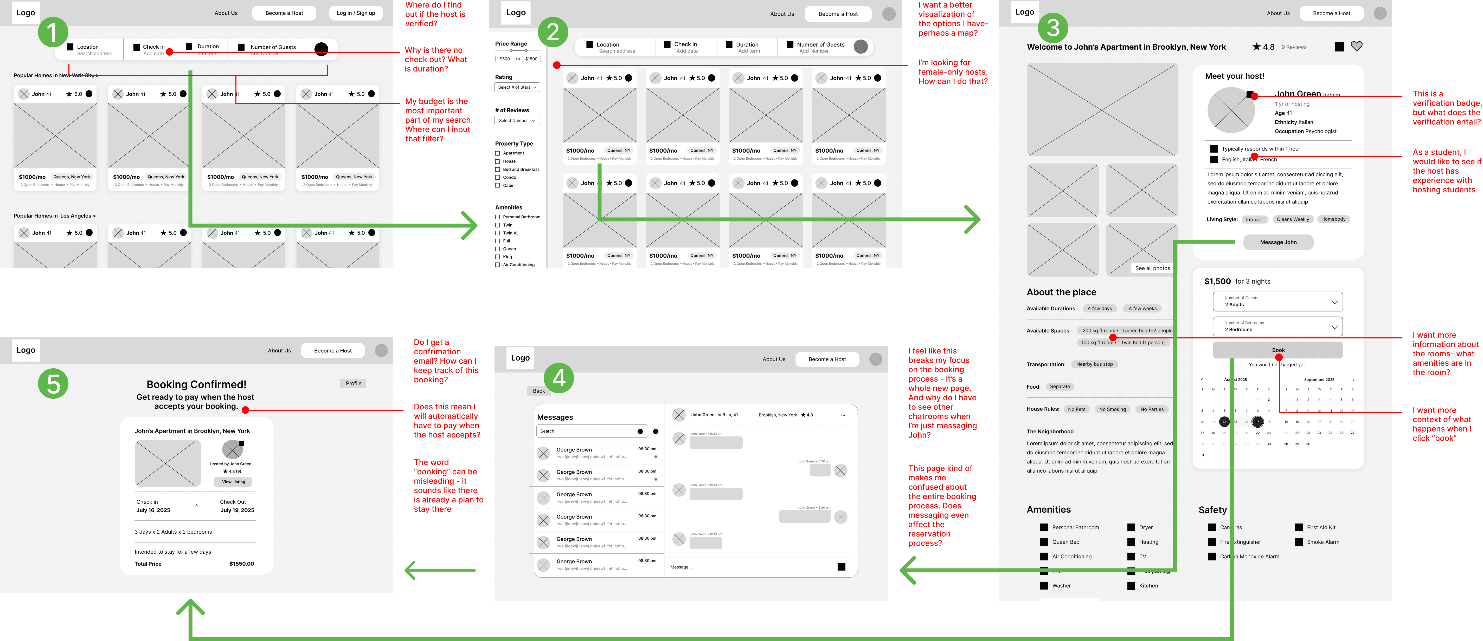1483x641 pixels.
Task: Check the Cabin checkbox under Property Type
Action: [497, 185]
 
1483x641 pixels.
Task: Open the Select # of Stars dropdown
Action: [517, 87]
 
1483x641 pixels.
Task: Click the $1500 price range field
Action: [531, 59]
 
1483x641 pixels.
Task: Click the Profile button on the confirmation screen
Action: [354, 383]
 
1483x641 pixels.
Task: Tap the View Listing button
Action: [233, 482]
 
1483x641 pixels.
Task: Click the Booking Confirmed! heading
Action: [196, 384]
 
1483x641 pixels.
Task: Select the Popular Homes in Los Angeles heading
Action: [55, 216]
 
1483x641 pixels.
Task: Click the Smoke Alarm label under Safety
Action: [1322, 542]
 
